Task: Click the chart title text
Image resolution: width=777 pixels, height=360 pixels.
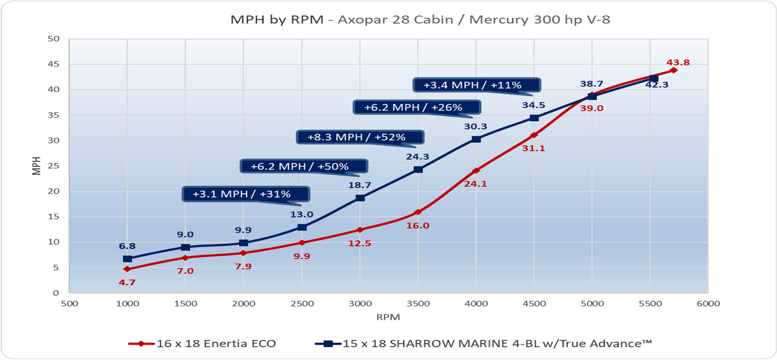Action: click(420, 20)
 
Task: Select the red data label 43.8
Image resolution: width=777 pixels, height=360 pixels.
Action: click(678, 63)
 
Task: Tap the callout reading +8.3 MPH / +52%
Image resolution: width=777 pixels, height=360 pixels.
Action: click(359, 137)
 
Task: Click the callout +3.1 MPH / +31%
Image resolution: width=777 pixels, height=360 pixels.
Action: click(245, 194)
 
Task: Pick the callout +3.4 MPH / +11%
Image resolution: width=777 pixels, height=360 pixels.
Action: click(476, 85)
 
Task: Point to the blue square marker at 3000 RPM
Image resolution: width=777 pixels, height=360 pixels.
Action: click(360, 198)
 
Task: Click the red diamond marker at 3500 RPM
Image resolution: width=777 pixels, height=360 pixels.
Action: click(418, 212)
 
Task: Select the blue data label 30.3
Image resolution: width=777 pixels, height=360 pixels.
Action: click(475, 126)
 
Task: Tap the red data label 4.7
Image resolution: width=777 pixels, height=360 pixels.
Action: click(127, 282)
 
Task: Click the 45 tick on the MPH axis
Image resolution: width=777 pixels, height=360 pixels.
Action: click(53, 64)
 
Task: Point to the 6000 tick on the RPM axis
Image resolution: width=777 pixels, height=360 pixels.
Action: click(708, 304)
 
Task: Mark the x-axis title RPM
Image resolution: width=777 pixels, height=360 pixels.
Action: click(388, 317)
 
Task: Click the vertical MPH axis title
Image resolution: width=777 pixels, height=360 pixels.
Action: click(36, 166)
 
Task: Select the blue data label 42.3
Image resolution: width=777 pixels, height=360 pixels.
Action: click(657, 85)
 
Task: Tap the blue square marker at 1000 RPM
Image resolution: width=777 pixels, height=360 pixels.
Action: click(127, 259)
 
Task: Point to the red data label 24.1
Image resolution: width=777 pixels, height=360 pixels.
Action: click(475, 184)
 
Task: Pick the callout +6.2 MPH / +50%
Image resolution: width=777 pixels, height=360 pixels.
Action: click(303, 166)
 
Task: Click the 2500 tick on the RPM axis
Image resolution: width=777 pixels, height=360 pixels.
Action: click(302, 304)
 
